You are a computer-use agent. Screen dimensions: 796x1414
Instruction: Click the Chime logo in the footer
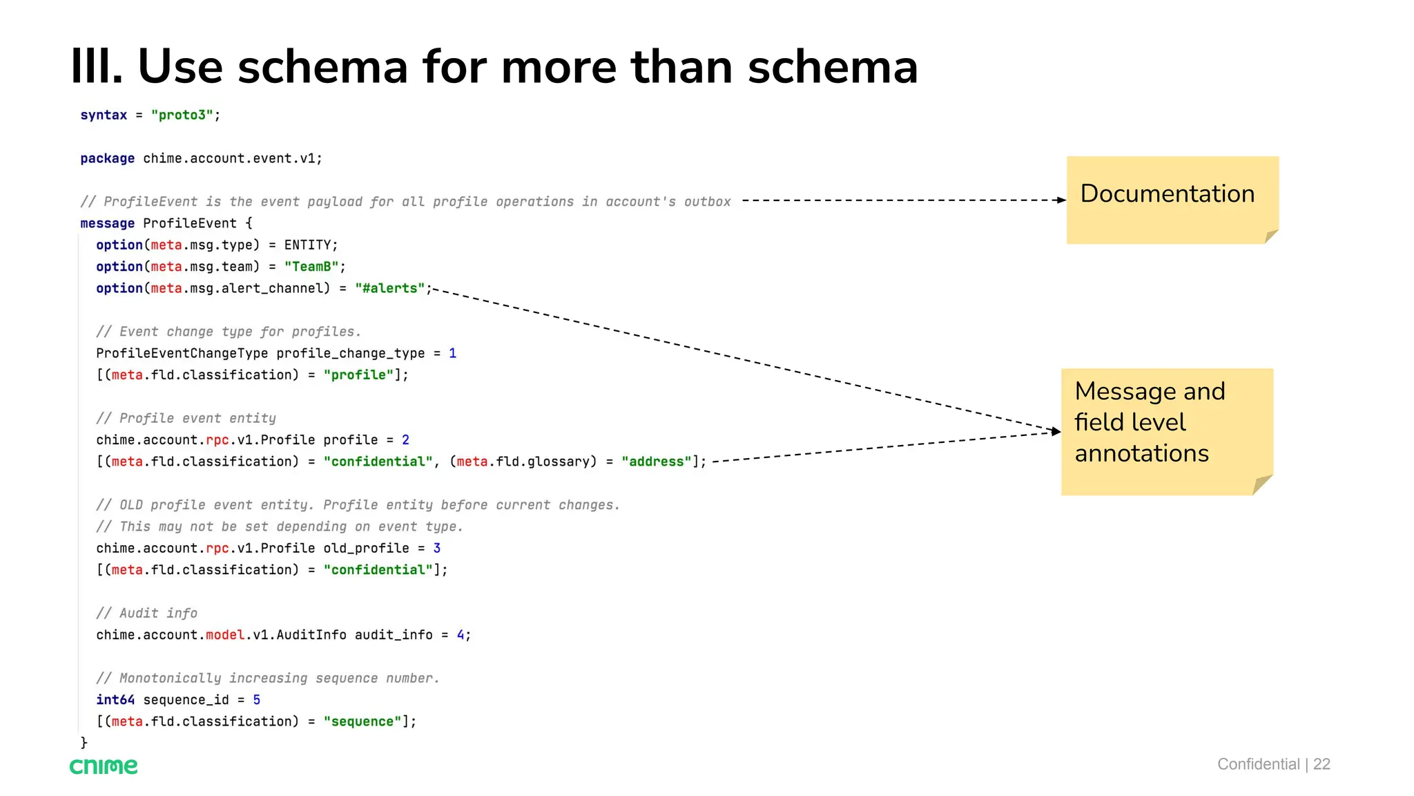pyautogui.click(x=104, y=766)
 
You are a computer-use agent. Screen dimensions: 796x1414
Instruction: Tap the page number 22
pyautogui.click(x=1321, y=764)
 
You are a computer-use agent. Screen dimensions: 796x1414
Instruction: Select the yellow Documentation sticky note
pyautogui.click(x=1172, y=200)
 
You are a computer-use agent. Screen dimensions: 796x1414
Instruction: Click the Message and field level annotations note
pyautogui.click(x=1166, y=431)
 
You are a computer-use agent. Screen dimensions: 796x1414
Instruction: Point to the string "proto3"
pyautogui.click(x=182, y=115)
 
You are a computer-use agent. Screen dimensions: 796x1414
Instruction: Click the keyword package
pyautogui.click(x=107, y=158)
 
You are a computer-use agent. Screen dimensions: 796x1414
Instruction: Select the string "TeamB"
pyautogui.click(x=311, y=267)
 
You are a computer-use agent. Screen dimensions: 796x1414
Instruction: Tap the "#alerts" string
pyautogui.click(x=390, y=288)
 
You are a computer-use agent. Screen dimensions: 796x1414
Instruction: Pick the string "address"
pyautogui.click(x=657, y=462)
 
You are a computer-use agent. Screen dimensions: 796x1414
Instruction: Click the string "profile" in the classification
pyautogui.click(x=358, y=375)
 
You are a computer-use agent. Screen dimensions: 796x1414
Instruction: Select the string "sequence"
pyautogui.click(x=362, y=721)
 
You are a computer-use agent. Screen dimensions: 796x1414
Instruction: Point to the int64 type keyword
pyautogui.click(x=115, y=700)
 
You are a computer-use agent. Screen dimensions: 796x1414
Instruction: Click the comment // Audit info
pyautogui.click(x=146, y=614)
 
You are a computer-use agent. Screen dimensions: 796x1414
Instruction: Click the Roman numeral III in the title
pyautogui.click(x=96, y=67)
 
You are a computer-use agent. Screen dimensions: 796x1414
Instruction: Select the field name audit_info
pyautogui.click(x=394, y=635)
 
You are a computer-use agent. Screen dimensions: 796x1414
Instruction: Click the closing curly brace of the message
pyautogui.click(x=84, y=743)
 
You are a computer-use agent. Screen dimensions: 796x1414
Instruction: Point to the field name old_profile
pyautogui.click(x=366, y=549)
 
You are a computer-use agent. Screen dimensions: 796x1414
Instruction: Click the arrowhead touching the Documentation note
pyautogui.click(x=1062, y=200)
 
